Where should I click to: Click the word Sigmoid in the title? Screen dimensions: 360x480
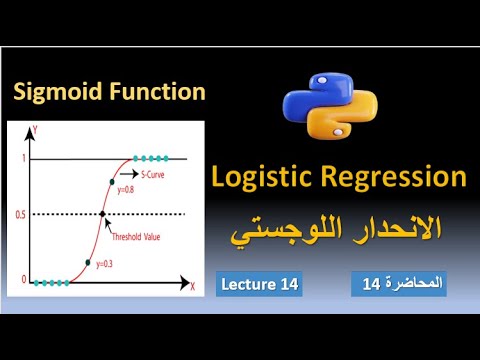pyautogui.click(x=56, y=93)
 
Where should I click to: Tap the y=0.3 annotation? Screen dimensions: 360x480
pyautogui.click(x=105, y=264)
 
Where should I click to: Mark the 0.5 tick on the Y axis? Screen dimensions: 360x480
pyautogui.click(x=21, y=213)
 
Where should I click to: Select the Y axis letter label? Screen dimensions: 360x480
pyautogui.click(x=34, y=129)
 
